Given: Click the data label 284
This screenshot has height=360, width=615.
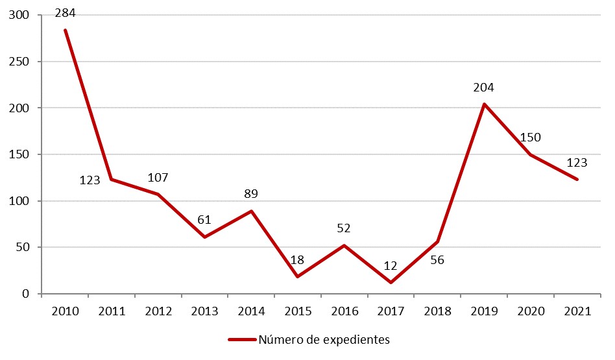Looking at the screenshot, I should coord(65,12).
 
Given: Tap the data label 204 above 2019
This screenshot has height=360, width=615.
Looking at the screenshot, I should coord(484,88).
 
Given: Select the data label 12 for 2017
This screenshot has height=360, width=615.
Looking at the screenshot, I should coord(391,265).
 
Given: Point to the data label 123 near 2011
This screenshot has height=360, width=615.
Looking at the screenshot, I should coord(90,180).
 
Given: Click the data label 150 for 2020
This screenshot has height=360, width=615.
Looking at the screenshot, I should coord(530,138).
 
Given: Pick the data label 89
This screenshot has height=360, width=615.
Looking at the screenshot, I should coord(251,194).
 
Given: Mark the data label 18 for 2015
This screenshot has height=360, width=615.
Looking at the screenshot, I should coord(298,260).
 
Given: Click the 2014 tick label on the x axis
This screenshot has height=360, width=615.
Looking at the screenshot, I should coord(251,311).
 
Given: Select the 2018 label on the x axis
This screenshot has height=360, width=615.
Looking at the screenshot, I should coord(438,311).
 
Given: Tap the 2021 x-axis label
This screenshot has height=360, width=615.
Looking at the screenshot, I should coord(577,311).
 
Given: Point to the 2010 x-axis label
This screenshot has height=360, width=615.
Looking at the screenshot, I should coord(65,311).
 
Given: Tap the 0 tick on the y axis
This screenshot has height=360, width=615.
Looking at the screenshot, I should coord(26,294).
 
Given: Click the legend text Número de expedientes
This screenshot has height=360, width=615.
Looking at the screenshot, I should coord(324,339).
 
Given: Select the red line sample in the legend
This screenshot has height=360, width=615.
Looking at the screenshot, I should coord(241,339).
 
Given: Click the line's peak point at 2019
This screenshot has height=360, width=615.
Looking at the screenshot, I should coord(484,104).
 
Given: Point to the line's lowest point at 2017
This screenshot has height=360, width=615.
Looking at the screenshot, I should coord(391,282).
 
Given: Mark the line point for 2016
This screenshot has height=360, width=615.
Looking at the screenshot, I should coord(344,245).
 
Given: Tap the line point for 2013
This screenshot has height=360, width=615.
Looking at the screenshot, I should coord(204,237).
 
